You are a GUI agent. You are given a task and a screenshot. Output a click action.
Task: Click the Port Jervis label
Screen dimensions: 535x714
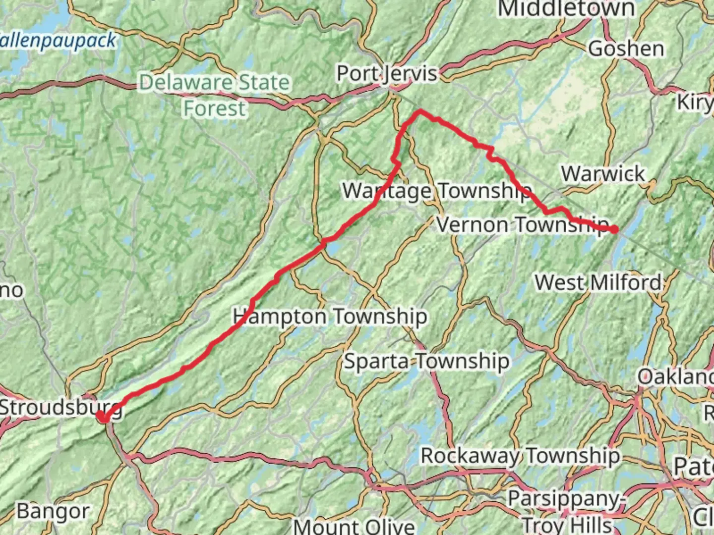point(387,74)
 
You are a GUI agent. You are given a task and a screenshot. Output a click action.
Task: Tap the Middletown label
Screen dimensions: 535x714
point(566,9)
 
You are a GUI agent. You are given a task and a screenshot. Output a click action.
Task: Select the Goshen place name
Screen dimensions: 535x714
point(626,49)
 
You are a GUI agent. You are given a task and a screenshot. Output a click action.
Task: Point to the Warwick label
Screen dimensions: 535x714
point(602,174)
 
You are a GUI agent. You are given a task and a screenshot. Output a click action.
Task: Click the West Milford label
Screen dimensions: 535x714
point(598,283)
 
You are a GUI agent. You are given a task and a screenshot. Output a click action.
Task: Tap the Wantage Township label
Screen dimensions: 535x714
point(436,191)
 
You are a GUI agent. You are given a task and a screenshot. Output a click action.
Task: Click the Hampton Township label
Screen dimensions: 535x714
point(330,316)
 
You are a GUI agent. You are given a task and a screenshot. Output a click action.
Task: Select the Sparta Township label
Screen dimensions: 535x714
point(426,361)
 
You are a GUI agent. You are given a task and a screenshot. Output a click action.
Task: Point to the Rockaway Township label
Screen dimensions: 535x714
point(520,455)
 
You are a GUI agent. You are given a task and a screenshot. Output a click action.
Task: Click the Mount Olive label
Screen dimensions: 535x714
point(354,525)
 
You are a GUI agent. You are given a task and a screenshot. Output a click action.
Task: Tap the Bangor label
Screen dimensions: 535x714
point(53,511)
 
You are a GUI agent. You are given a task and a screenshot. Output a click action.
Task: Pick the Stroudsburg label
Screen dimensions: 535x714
point(59,408)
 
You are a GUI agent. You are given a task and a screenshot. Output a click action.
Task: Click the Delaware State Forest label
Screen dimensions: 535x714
point(214,95)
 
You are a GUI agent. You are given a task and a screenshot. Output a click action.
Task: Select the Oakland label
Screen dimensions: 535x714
point(675,376)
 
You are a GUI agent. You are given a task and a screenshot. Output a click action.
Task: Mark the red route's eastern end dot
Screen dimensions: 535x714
point(614,229)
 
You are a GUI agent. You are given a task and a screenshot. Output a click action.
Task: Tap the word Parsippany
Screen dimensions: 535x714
point(564,498)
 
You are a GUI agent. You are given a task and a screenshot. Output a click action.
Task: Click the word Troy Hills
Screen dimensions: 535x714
point(567,524)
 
